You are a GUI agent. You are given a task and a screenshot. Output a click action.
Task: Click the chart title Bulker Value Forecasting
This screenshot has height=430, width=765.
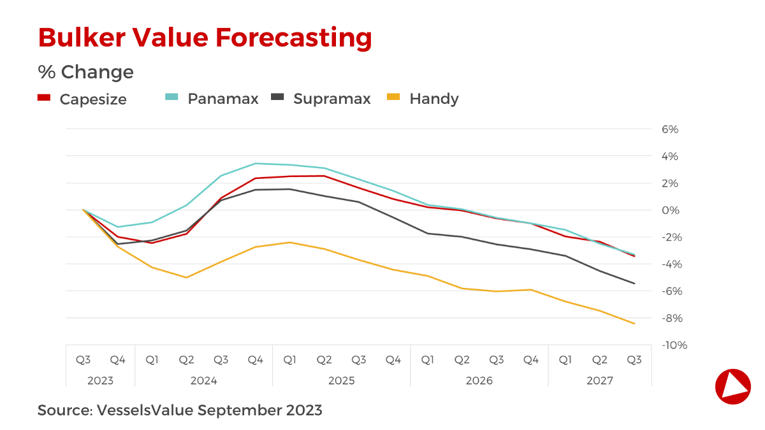point(205,38)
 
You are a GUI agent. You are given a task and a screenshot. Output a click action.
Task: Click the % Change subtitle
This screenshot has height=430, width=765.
point(85,72)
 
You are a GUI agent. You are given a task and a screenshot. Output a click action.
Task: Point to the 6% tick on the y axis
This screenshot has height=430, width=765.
point(670,129)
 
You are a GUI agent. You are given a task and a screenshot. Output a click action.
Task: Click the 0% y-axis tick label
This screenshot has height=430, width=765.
point(670,210)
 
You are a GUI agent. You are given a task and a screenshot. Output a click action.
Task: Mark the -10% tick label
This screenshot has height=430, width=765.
point(673,345)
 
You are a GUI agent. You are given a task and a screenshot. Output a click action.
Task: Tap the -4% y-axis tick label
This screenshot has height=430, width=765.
point(671,264)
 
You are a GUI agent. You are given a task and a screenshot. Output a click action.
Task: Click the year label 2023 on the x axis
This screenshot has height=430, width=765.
point(100,381)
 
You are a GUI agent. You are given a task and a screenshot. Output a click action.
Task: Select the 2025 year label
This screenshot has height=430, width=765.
point(342,381)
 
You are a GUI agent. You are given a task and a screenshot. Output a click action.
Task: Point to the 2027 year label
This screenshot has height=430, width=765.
point(599,381)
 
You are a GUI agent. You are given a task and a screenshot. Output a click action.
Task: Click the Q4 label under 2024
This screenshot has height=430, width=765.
point(256,360)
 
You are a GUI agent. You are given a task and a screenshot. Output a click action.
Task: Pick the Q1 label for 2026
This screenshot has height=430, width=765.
point(428,360)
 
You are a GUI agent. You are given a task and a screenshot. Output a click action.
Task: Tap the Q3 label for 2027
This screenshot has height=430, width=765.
point(634,360)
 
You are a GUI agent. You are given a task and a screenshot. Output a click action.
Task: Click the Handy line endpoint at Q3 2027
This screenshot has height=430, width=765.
point(634,324)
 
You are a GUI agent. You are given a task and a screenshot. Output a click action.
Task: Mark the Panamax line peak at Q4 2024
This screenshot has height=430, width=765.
point(256,163)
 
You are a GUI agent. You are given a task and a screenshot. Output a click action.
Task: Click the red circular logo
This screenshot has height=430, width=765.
point(732,386)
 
